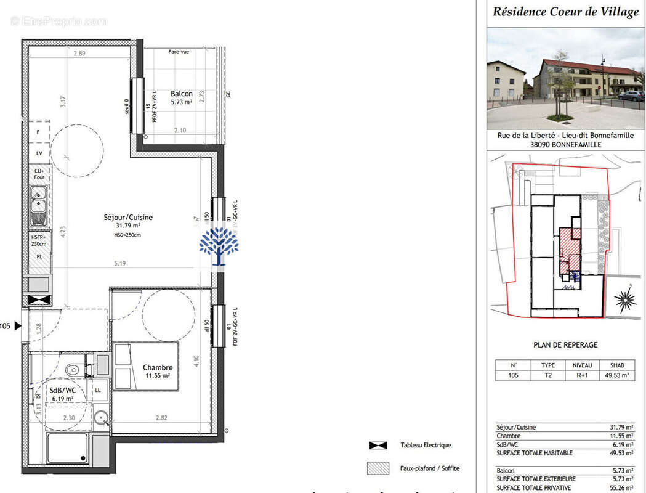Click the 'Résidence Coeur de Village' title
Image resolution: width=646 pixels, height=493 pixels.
point(565,12)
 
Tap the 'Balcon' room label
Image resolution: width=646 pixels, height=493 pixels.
point(182,94)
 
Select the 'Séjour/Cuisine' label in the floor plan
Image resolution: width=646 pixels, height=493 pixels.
point(128,217)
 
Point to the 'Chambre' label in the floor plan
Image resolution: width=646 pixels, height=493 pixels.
point(158,367)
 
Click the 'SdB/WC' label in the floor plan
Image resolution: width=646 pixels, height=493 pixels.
point(62,391)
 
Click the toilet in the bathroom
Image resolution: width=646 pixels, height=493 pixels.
point(73,370)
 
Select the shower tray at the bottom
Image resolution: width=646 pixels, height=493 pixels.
point(67,449)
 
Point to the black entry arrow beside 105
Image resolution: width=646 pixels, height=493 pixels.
point(17,326)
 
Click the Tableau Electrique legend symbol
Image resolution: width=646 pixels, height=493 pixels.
point(378,445)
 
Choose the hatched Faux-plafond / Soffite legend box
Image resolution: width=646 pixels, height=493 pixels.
point(378,468)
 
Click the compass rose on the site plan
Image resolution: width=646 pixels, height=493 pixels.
point(625,300)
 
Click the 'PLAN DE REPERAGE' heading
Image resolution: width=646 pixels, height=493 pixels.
point(565,345)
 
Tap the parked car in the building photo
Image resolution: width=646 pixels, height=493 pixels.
point(631,96)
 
